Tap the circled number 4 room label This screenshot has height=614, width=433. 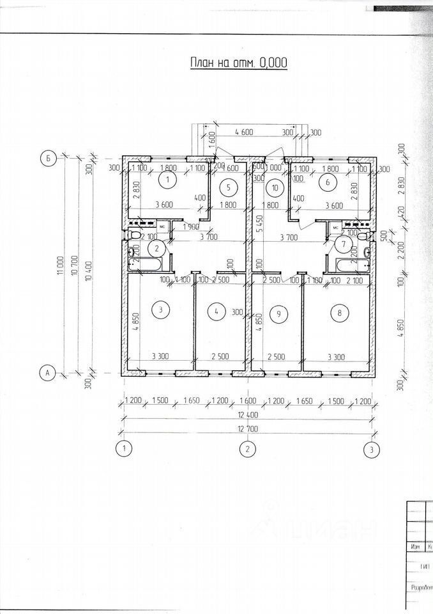coord(217,311)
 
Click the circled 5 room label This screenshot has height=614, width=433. coord(231,187)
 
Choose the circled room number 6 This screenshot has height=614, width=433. coord(328,183)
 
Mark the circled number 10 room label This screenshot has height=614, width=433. coord(275,187)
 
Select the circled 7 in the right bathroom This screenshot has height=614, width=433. coord(344,244)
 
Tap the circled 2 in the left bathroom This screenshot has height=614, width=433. coord(156,249)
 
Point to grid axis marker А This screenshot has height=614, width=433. coord(47,372)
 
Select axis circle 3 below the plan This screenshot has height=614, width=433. coord(371,450)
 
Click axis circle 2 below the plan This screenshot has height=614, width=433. coord(247,450)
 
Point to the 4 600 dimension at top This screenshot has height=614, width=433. coord(245,132)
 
